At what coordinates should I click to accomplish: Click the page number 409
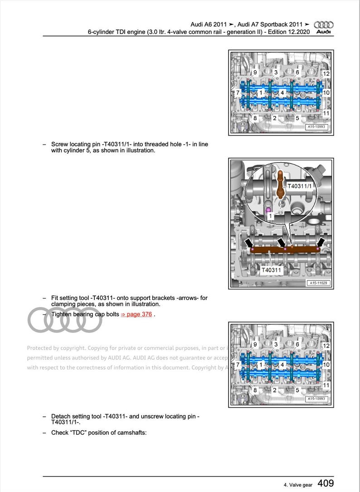[x=326, y=484]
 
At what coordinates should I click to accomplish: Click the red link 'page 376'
[x=136, y=314]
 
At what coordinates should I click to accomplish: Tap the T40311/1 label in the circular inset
[x=300, y=186]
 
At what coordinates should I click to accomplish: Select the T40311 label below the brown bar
[x=272, y=270]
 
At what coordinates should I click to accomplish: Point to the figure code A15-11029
[x=319, y=283]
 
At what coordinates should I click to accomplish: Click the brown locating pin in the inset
[x=281, y=184]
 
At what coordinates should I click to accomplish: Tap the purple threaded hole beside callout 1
[x=268, y=210]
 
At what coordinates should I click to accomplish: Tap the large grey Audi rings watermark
[x=65, y=320]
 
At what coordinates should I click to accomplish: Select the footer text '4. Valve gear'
[x=298, y=485]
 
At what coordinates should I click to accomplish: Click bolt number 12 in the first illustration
[x=326, y=73]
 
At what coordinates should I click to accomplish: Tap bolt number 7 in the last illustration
[x=238, y=365]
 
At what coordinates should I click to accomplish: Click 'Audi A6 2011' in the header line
[x=209, y=24]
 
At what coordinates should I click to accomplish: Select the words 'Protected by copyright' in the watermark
[x=56, y=348]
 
